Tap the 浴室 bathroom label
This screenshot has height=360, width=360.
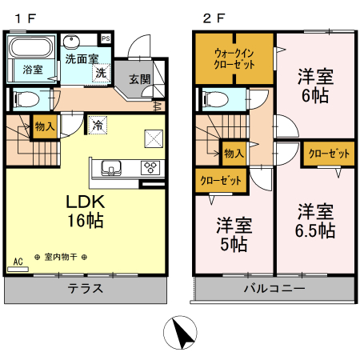coord(32,70)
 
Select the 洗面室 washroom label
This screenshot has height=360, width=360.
coord(82,58)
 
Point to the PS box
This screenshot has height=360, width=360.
coord(106,38)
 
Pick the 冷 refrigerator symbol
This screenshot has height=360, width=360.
coord(97,125)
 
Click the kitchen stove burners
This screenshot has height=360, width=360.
coord(150,167)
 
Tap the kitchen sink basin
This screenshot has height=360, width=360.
coord(110,167)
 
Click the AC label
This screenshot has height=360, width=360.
coord(18,262)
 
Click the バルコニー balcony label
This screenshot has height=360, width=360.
coord(274,288)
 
